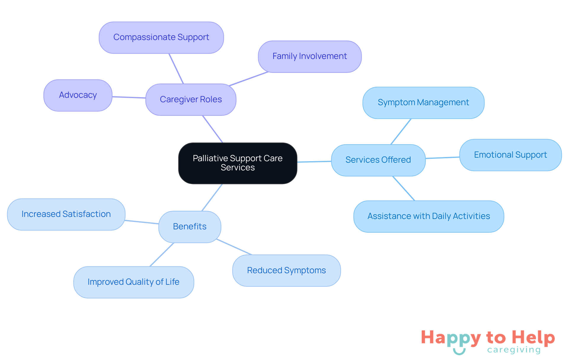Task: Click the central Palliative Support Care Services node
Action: (238, 163)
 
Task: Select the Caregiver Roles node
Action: (191, 100)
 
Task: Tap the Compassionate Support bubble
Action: (161, 37)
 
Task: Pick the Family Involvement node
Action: (310, 56)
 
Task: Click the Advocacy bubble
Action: (78, 95)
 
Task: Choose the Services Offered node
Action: (378, 160)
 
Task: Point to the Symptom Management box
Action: (423, 103)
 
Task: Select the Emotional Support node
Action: (510, 155)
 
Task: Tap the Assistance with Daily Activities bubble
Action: (429, 216)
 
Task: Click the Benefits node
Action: (190, 227)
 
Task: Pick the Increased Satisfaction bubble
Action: (66, 214)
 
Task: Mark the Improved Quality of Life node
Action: (134, 282)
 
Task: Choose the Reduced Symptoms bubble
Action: (286, 271)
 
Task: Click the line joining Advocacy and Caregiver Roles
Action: (129, 97)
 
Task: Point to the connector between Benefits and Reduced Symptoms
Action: (234, 247)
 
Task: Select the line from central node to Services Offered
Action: (314, 162)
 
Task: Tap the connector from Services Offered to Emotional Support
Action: (442, 158)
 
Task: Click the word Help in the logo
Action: (533, 337)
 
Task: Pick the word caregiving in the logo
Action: (514, 350)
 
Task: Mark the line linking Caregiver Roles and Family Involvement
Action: (248, 79)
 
